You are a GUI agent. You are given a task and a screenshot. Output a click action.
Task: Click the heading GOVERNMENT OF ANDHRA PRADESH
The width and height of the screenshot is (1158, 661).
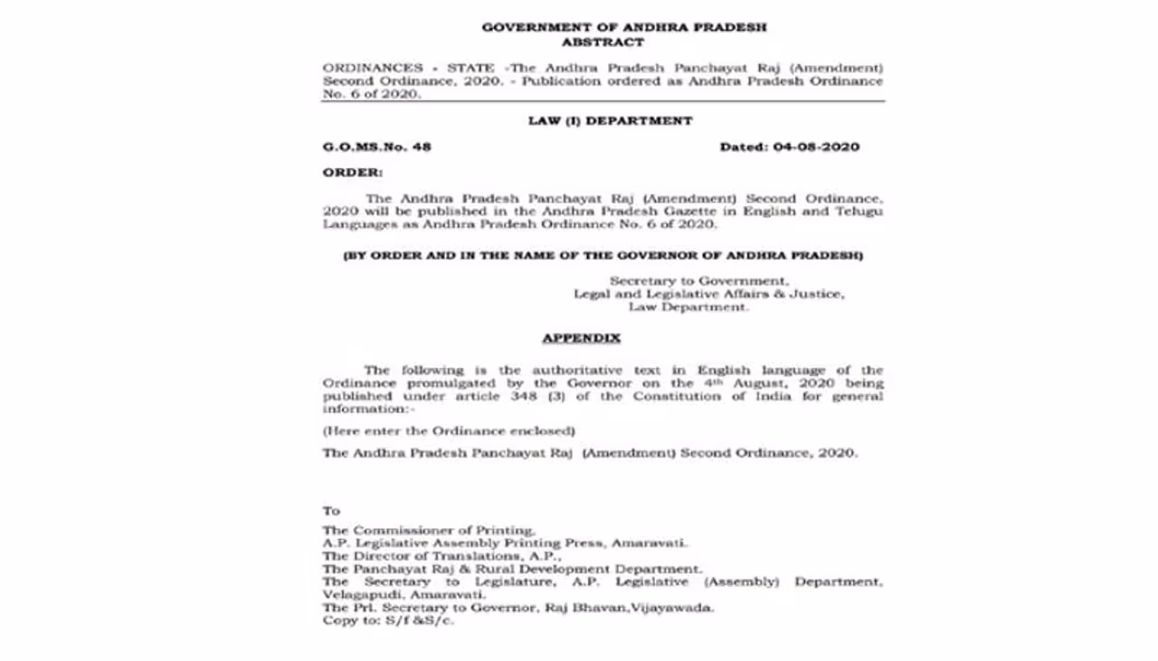coord(623,27)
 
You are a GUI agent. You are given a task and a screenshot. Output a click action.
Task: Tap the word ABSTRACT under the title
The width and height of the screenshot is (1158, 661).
coord(603,42)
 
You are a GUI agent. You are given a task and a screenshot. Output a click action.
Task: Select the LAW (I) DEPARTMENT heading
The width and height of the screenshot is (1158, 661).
coord(610,120)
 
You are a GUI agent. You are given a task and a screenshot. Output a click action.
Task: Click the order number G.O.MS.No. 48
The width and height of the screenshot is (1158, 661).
coord(377,146)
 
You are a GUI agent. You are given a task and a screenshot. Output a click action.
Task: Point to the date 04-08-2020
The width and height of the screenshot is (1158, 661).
coord(816,146)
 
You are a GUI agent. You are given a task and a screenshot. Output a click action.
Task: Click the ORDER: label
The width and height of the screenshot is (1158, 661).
coord(353,172)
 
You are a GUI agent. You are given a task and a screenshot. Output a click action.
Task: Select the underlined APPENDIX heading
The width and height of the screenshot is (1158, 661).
coord(581,338)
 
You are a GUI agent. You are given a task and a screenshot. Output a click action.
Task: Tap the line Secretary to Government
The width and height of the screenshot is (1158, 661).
coord(698,281)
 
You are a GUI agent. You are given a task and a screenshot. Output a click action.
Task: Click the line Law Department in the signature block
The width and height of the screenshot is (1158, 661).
coord(688,307)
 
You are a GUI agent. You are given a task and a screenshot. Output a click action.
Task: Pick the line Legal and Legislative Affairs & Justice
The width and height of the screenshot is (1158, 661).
coord(708,294)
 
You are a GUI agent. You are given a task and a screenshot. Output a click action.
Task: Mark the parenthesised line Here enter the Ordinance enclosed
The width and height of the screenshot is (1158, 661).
coord(449,431)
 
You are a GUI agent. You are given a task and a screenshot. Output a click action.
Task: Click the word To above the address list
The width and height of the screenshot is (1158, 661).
coord(331,511)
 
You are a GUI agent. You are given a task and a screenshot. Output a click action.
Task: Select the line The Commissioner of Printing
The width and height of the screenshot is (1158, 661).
coord(429,531)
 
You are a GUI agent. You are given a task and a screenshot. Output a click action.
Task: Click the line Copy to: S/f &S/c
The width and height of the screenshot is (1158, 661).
coord(388,621)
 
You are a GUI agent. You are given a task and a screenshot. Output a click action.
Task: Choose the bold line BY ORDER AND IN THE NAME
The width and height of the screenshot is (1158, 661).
coord(603,256)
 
